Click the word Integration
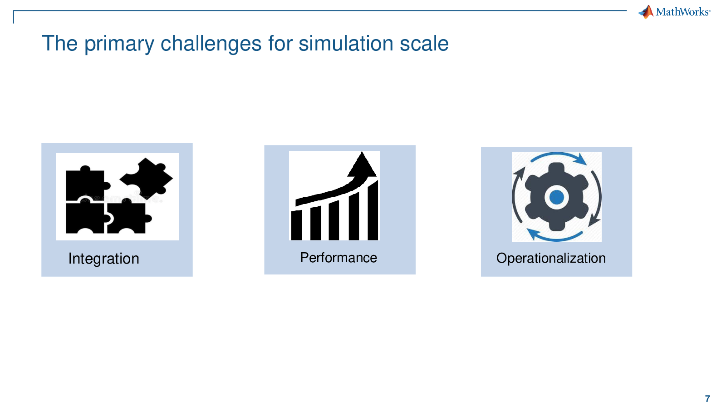[x=104, y=259]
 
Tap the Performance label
[x=338, y=258]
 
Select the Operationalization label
[x=551, y=259]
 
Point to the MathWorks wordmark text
[x=683, y=12]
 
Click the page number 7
[x=707, y=399]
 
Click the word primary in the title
[x=119, y=44]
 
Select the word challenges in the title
[x=211, y=44]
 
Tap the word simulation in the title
[x=346, y=43]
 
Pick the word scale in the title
[x=424, y=43]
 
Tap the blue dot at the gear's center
[x=556, y=197]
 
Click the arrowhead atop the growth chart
[x=362, y=165]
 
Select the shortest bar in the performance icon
[x=297, y=225]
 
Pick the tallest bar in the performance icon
[x=373, y=210]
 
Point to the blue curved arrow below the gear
[x=555, y=239]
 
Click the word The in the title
[x=59, y=43]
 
